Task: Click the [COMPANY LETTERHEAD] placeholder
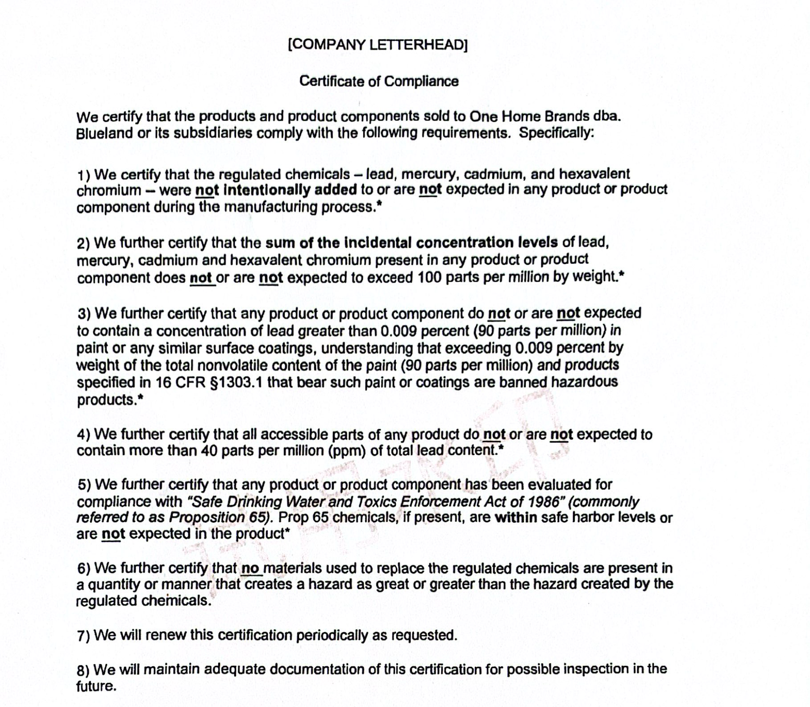pos(378,45)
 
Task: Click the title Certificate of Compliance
pos(379,81)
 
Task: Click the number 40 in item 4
pos(209,451)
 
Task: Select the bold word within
pos(516,518)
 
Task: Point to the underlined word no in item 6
pos(250,568)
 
